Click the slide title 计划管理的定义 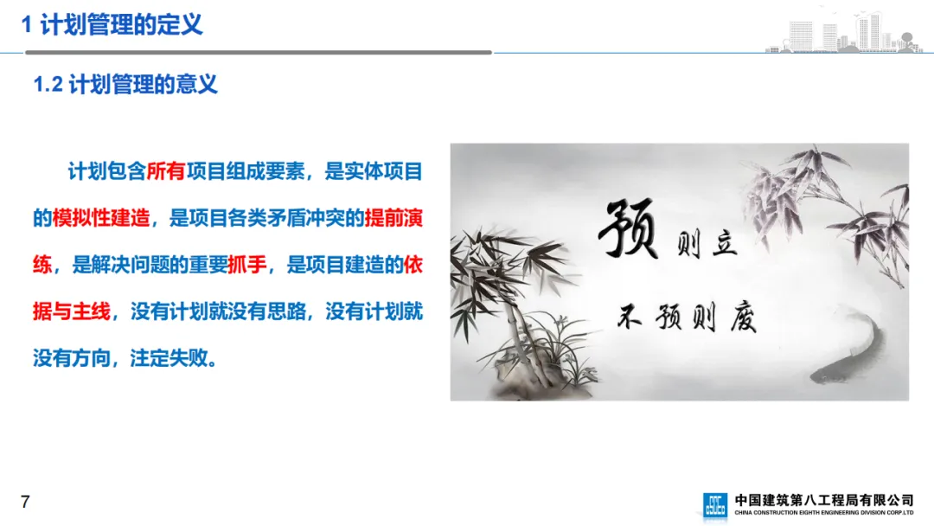(122, 25)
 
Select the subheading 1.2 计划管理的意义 (125, 85)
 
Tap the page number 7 (25, 502)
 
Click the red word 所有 (165, 171)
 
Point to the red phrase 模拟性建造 (100, 218)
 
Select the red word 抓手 (247, 265)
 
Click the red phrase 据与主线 (72, 311)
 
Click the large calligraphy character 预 (628, 229)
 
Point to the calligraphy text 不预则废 (687, 317)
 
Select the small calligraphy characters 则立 (707, 244)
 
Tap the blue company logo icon (715, 505)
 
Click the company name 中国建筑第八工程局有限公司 (824, 500)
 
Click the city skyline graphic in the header (844, 31)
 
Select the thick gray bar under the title (259, 53)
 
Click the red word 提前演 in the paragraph (393, 218)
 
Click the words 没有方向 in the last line (72, 358)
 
